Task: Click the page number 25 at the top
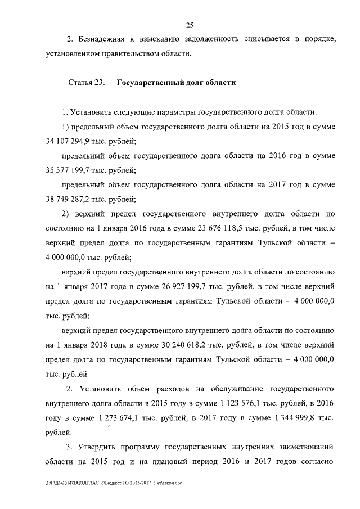coord(190,24)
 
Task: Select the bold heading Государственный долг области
coord(176,82)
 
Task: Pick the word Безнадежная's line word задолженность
coord(211,39)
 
